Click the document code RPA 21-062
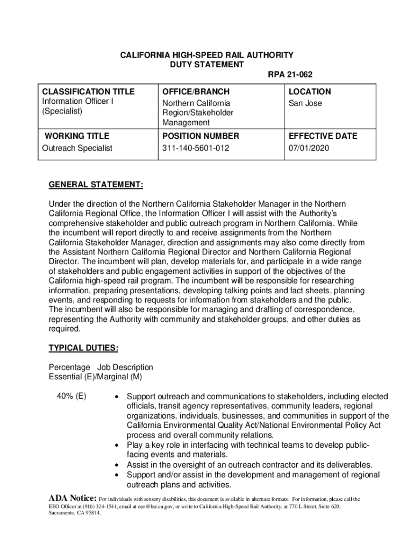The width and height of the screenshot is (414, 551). click(290, 74)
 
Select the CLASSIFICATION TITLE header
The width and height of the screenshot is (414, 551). click(89, 91)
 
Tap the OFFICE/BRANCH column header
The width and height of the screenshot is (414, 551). click(195, 91)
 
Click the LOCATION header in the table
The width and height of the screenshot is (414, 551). click(310, 91)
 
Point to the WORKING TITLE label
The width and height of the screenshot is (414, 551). click(77, 136)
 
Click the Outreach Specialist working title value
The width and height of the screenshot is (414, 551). click(77, 148)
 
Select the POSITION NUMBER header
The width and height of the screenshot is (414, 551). click(200, 136)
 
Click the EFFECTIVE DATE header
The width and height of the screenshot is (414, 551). click(323, 136)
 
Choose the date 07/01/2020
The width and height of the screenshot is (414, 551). click(309, 148)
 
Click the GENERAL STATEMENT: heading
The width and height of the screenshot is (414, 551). click(96, 186)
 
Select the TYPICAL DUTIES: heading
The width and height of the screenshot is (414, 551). click(83, 348)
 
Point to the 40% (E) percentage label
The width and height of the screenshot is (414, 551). click(71, 397)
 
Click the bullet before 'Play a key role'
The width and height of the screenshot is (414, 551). click(117, 446)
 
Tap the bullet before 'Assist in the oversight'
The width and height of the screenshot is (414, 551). click(117, 465)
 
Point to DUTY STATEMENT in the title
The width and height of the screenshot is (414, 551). click(206, 65)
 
